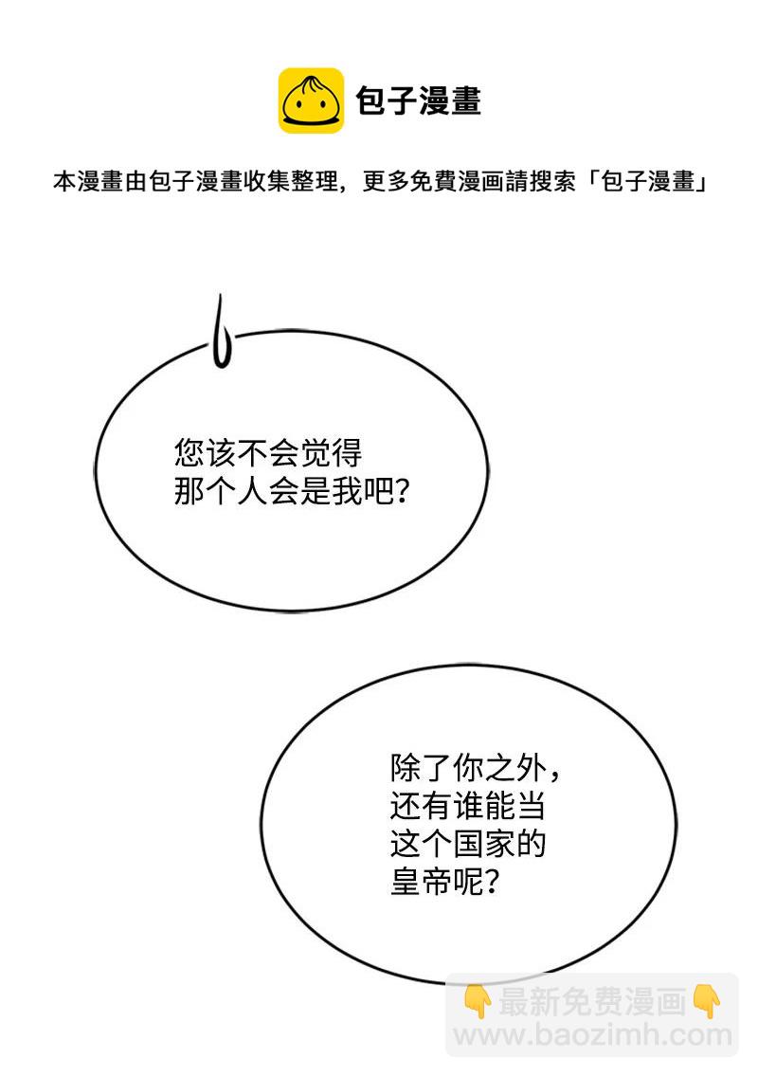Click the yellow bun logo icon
click(311, 100)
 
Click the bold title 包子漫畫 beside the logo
click(419, 100)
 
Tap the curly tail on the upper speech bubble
click(221, 331)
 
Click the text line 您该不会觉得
click(268, 452)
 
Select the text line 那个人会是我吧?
click(292, 491)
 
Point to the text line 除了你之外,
click(475, 768)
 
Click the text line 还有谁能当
click(467, 806)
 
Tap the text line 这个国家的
click(467, 844)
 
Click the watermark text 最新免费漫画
click(592, 1001)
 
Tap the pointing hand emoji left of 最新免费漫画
click(478, 1001)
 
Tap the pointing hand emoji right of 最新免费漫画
click(707, 1001)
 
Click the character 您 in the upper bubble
click(189, 452)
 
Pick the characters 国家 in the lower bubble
click(483, 844)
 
